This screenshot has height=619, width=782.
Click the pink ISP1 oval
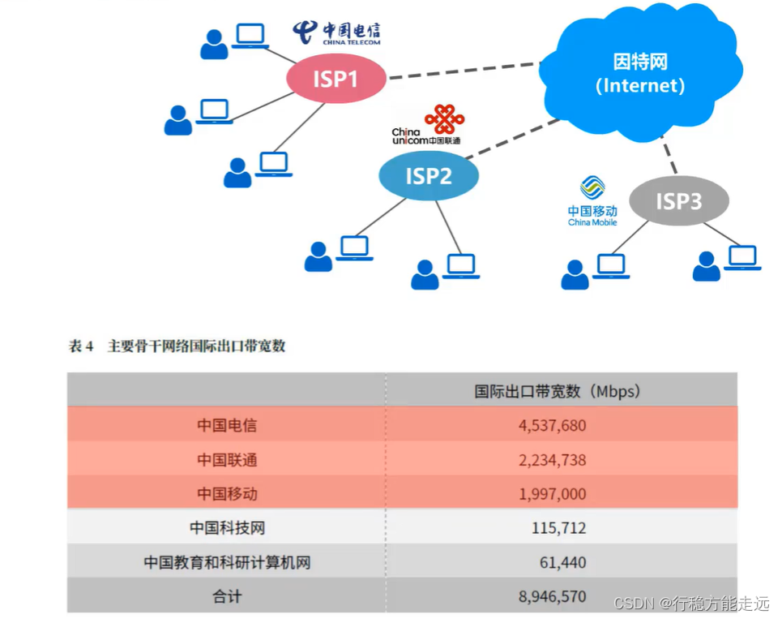pos(335,79)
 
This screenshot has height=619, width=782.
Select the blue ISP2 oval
pos(429,175)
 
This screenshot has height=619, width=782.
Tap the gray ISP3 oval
pos(679,200)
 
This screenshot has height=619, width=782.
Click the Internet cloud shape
pos(640,73)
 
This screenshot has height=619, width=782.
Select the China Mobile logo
pos(592,200)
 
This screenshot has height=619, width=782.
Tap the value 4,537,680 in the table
pos(552,425)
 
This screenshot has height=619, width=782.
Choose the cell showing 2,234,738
pos(552,460)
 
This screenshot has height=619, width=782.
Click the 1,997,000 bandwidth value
pos(552,494)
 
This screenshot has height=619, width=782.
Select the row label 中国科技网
pos(227,528)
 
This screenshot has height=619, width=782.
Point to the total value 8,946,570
pos(552,597)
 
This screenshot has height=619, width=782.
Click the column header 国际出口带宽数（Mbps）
pos(558,391)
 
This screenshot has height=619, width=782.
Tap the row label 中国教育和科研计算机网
pos(227,562)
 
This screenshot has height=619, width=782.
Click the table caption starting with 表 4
pos(177,346)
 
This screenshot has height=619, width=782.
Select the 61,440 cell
pos(562,562)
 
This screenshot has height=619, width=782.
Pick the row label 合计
pos(227,597)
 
